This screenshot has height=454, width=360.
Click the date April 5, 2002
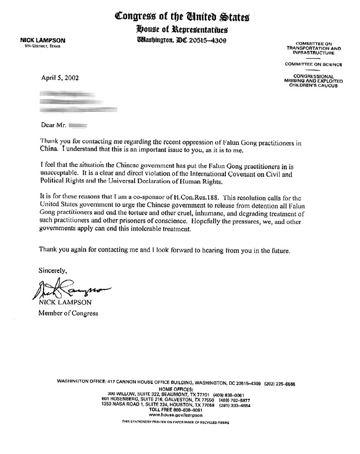coord(60,78)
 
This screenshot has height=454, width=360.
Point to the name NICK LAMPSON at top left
coord(42,41)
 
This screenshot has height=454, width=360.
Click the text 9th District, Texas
coord(43,46)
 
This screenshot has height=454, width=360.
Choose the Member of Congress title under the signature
coord(68,313)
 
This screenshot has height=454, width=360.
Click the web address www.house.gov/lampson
coord(175,415)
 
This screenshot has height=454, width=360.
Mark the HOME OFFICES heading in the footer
coord(175,389)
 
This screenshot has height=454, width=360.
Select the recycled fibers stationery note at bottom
coord(175,422)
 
